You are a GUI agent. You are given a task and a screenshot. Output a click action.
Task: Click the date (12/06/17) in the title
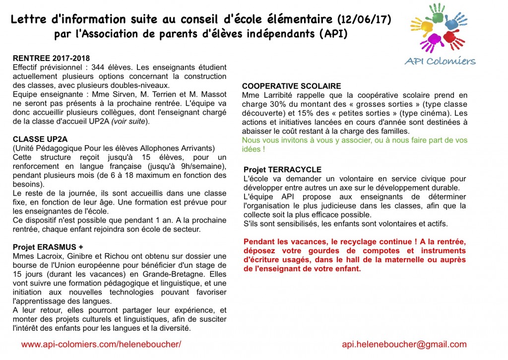tap(364, 20)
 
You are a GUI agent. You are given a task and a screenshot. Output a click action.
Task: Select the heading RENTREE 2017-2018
tap(51, 58)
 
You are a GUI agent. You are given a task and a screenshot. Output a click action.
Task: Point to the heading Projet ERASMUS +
tap(48, 247)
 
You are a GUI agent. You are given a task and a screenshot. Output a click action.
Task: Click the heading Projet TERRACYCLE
tap(282, 170)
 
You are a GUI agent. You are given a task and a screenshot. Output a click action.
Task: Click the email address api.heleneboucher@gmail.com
tap(404, 345)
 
